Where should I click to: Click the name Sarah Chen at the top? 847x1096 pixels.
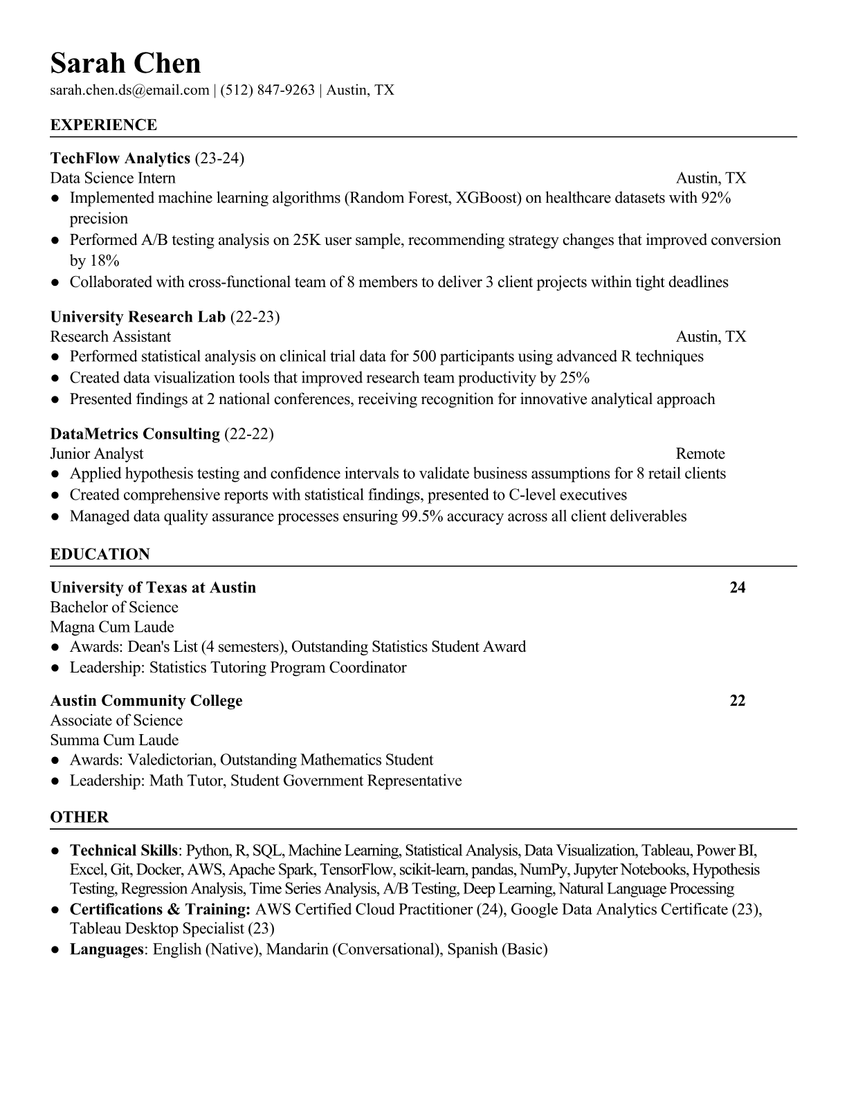tap(125, 63)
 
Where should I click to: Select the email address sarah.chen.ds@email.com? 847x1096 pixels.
tap(129, 90)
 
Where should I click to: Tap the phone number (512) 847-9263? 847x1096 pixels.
tap(267, 90)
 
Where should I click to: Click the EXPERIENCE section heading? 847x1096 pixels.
tap(104, 125)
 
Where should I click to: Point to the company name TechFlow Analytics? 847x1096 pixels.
tap(120, 158)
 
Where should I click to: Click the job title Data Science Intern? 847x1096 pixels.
tap(113, 179)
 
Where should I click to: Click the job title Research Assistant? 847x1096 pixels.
tap(110, 337)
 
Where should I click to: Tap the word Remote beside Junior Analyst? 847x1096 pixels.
tap(700, 454)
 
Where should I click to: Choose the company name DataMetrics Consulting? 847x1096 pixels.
tap(135, 434)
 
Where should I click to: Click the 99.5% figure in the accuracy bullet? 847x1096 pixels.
tap(421, 516)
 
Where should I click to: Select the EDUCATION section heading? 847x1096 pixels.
tap(100, 554)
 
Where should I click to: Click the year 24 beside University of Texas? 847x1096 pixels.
tap(738, 587)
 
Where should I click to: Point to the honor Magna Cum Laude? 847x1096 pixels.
tap(112, 628)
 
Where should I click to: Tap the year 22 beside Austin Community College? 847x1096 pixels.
tap(738, 701)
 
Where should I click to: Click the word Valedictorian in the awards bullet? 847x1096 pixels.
tap(171, 760)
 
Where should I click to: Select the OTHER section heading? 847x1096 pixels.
tap(80, 817)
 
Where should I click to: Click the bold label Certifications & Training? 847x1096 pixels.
tap(160, 909)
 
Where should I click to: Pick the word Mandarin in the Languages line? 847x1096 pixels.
tap(297, 949)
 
